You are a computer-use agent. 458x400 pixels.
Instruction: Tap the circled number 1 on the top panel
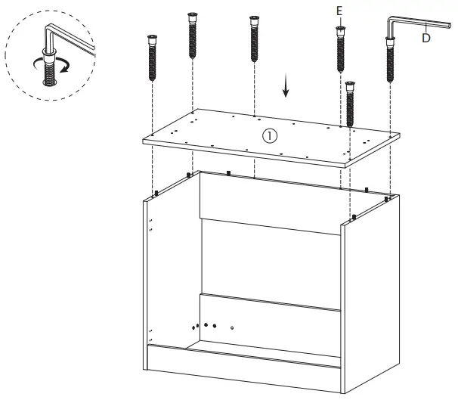[270, 136]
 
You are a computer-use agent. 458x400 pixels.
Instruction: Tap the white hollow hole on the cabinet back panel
[232, 328]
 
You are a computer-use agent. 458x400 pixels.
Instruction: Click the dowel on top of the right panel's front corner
[353, 218]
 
